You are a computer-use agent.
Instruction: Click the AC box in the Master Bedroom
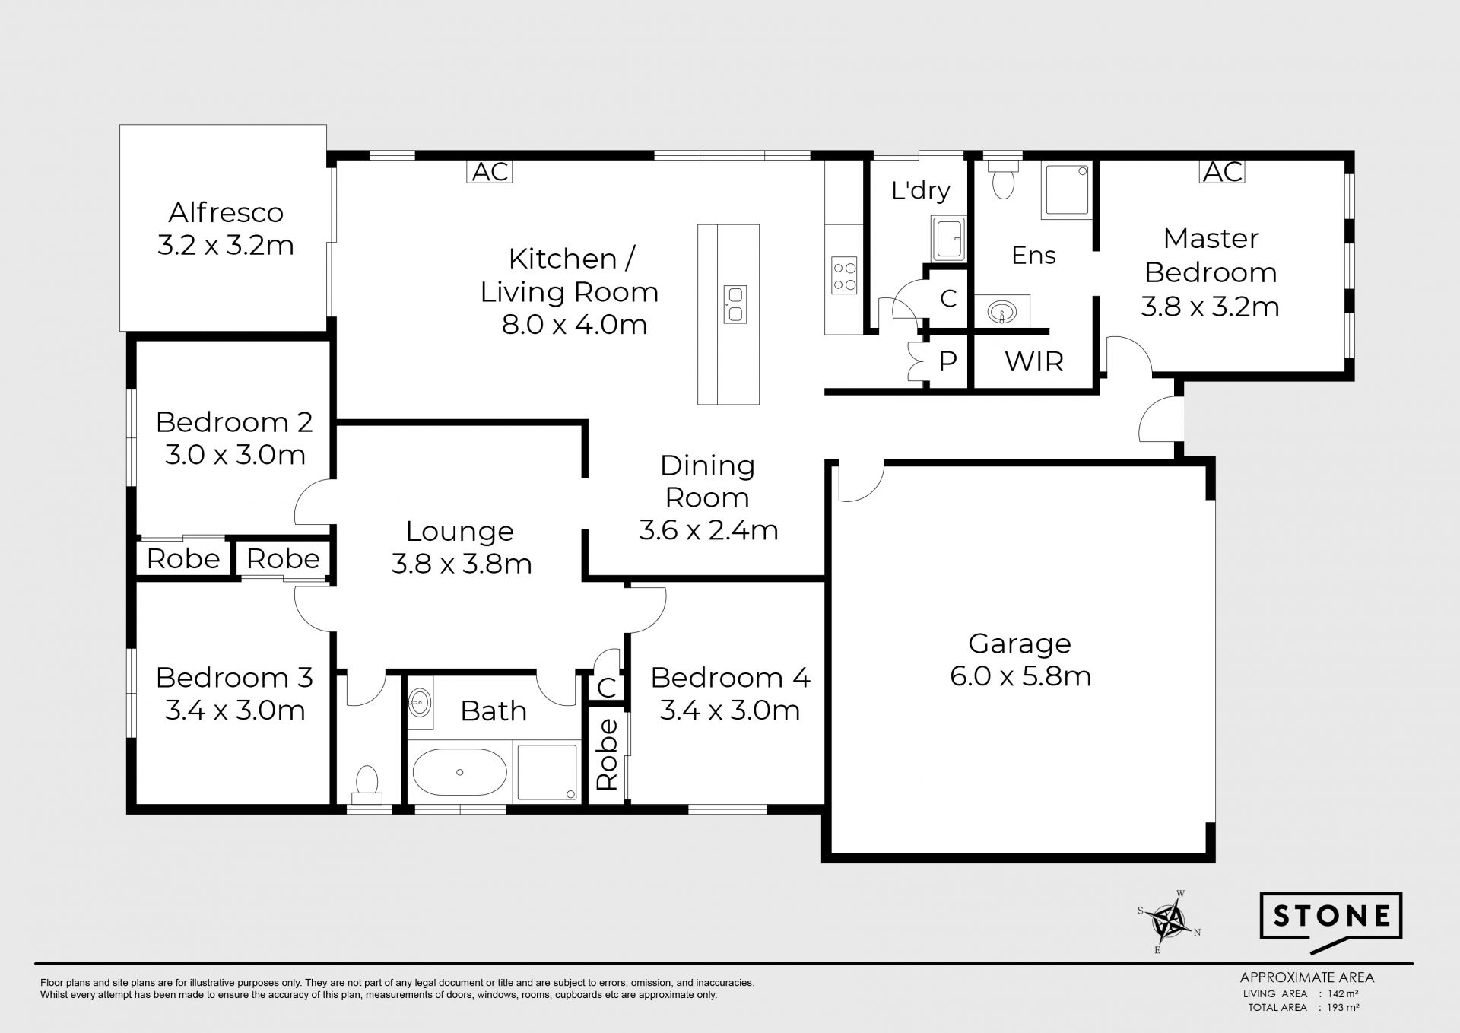coord(1223,172)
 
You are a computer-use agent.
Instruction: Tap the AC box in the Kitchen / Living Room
coord(490,172)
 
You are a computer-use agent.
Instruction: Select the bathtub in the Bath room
coord(459,772)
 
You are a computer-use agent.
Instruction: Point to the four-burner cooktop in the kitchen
coord(844,275)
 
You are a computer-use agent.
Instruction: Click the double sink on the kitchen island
coord(735,304)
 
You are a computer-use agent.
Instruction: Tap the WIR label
coord(1033,362)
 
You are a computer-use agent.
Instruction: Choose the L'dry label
coord(921,190)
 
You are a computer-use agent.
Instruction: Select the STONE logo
coord(1331,921)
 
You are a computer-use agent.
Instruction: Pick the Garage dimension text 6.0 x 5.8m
coord(1020,676)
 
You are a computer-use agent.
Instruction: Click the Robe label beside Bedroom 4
coord(607,755)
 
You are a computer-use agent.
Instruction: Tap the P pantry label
coord(947,362)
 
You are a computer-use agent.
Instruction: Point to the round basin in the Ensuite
coord(1003,311)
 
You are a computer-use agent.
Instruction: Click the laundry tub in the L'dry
coord(948,239)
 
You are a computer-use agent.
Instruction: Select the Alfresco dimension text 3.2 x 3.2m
coord(226,246)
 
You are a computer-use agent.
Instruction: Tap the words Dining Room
coord(707,482)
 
